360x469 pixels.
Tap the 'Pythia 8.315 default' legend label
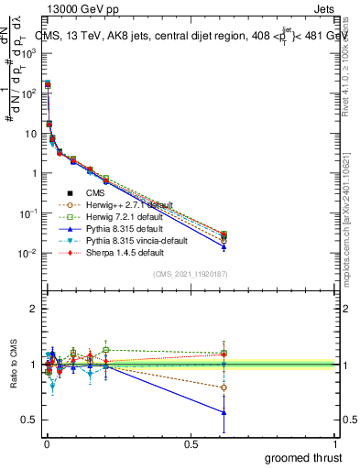pos(124,229)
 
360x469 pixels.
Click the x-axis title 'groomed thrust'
pos(303,457)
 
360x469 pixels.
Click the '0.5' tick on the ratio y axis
pos(29,420)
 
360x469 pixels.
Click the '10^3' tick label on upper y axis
pos(27,53)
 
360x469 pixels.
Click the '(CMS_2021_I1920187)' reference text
pos(190,274)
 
